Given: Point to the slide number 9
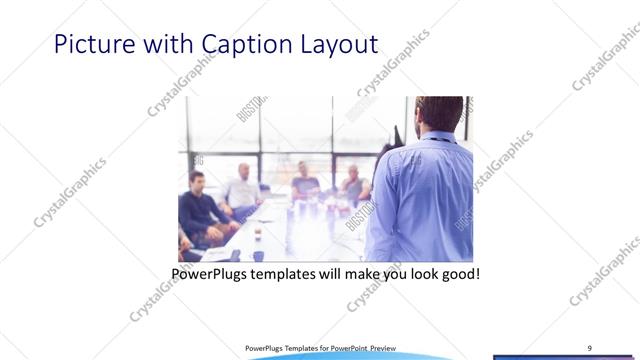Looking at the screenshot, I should [589, 347].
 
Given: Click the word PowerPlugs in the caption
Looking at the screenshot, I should [212, 273].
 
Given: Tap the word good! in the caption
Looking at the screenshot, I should [458, 273].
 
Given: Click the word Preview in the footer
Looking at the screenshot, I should [389, 348].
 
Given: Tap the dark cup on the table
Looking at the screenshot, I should [257, 256].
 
